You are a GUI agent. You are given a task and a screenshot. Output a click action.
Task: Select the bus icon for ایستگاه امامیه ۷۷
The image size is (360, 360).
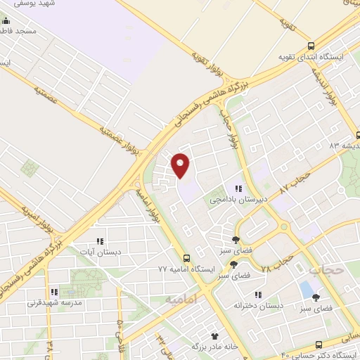pos(186,258)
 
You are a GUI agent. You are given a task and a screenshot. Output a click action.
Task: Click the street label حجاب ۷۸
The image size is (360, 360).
pos(277,266)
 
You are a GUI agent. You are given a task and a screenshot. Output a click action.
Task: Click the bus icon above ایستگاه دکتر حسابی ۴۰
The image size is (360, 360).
pos(319,345)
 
